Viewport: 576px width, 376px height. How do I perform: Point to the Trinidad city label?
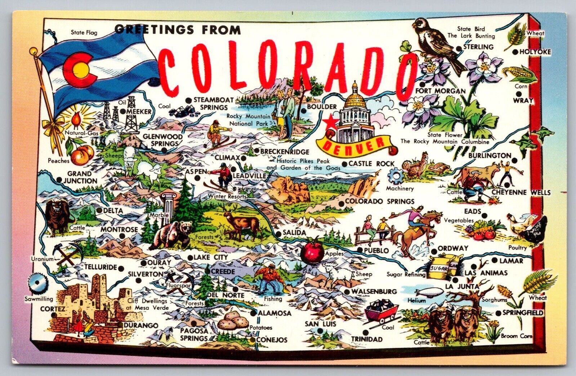tap(367, 339)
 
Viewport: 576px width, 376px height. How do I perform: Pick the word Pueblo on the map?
tap(376, 250)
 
